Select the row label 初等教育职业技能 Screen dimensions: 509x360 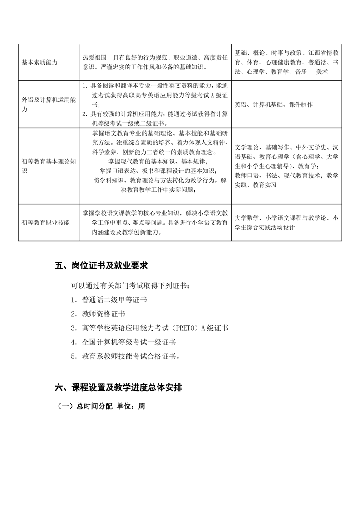(x=45, y=223)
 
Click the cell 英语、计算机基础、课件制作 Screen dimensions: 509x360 (x=274, y=104)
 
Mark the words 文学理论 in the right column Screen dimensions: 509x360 (x=247, y=147)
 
